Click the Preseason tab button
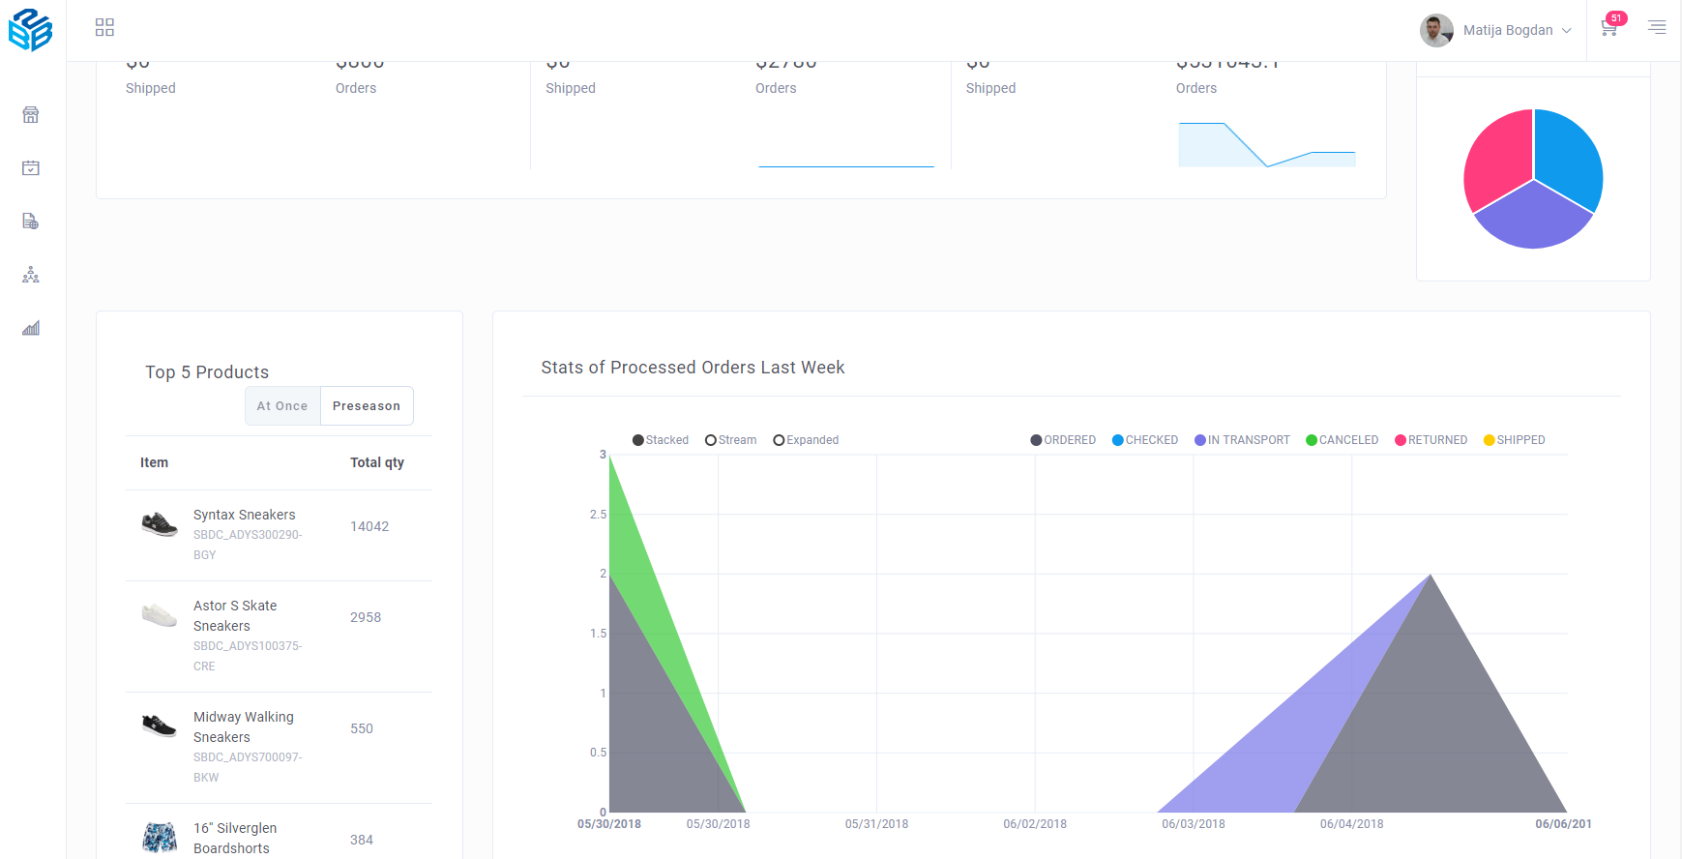point(366,406)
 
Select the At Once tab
point(282,406)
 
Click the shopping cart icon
point(1608,29)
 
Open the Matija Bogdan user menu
point(1496,30)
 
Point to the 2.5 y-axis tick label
point(598,515)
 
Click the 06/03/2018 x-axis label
point(1193,824)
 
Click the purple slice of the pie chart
point(1533,218)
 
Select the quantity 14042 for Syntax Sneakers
point(369,526)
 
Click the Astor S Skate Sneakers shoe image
point(160,615)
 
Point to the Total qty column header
point(377,462)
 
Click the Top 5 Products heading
point(207,372)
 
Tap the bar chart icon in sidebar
point(31,328)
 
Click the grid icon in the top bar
point(104,27)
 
